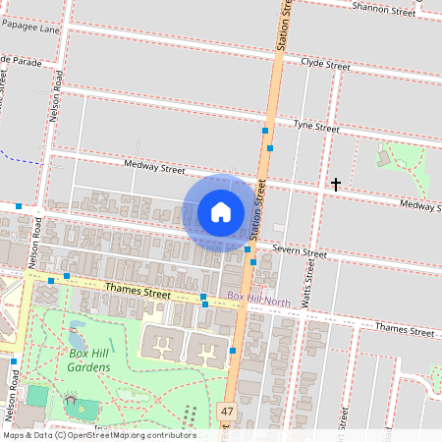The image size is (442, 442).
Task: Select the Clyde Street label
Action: tap(325, 66)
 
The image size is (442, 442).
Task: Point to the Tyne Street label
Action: tap(315, 128)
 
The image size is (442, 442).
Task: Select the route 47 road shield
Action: tap(228, 412)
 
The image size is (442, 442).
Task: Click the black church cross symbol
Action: tap(336, 184)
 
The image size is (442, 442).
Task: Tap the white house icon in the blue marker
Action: tap(221, 212)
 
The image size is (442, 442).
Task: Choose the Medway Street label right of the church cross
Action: tap(419, 205)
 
